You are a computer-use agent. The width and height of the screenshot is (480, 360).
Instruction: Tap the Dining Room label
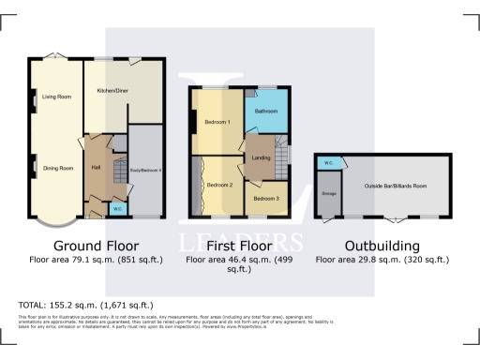click(58, 168)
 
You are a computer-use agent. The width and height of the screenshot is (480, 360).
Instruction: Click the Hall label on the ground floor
click(96, 167)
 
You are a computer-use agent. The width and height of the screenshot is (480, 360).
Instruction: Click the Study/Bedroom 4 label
click(145, 170)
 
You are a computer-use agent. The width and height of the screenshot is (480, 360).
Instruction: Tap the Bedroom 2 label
click(219, 185)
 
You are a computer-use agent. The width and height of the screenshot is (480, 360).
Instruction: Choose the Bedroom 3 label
click(265, 198)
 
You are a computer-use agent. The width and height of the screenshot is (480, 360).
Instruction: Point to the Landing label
click(262, 157)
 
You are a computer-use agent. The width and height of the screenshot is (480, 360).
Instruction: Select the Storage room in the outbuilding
click(329, 194)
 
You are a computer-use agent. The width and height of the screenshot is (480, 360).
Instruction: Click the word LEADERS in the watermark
click(239, 235)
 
